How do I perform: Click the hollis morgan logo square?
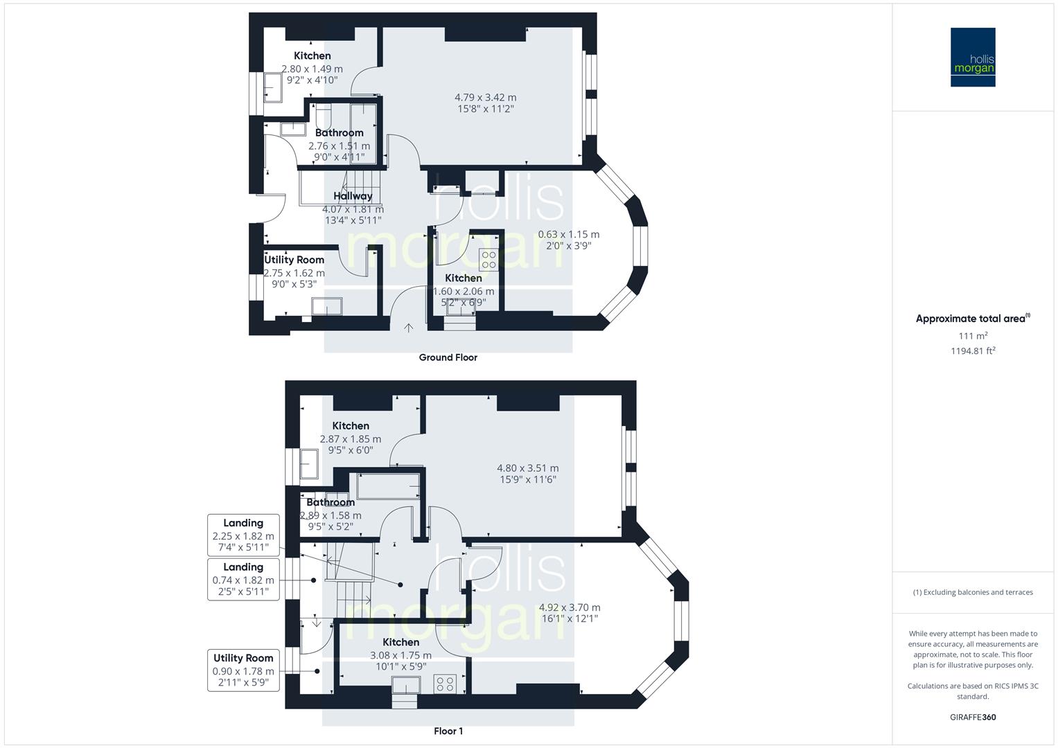point(973,57)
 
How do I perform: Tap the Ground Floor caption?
point(448,358)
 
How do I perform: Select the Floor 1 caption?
point(448,731)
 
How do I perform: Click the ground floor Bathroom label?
point(339,133)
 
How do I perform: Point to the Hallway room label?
point(353,196)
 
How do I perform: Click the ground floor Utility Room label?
point(294,260)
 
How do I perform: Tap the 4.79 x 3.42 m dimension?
point(485,98)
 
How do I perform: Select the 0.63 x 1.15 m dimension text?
point(568,235)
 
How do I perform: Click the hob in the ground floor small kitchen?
point(488,260)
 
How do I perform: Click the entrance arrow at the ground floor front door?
point(408,327)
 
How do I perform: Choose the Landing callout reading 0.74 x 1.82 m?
point(243,580)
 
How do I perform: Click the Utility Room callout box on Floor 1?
point(243,670)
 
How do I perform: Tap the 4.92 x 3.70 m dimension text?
point(569,608)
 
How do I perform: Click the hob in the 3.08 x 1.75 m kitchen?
point(445,684)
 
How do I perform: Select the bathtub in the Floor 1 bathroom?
point(385,486)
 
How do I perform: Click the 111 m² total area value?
point(973,336)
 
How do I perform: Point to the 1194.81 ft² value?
point(973,351)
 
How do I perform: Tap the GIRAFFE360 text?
point(973,718)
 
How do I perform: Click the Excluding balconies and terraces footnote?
point(973,592)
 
